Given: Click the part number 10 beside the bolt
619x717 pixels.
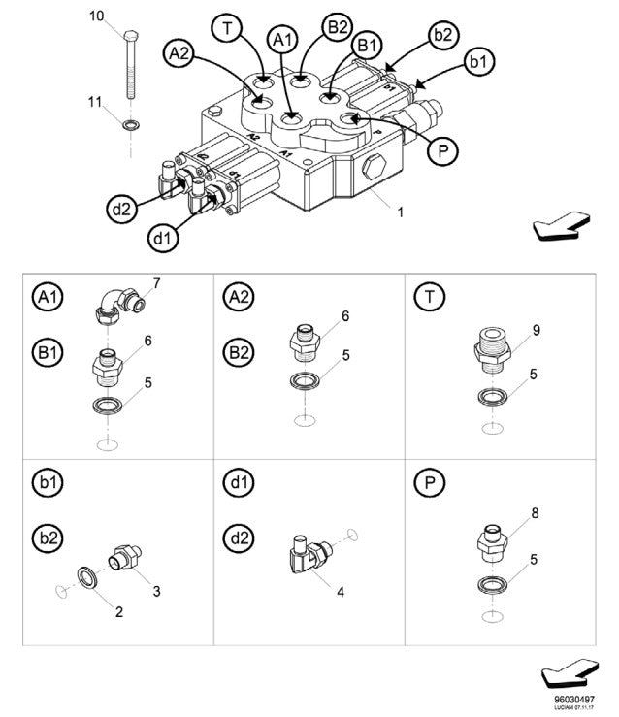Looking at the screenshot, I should [x=96, y=16].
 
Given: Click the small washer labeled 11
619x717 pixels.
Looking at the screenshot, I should [x=128, y=124].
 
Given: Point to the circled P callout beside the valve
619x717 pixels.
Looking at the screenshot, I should [x=442, y=151].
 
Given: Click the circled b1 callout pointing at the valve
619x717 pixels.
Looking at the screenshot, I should [x=476, y=61].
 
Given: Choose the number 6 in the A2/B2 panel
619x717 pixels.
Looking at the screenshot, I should [x=344, y=315].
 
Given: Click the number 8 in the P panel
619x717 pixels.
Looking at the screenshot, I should [x=535, y=512].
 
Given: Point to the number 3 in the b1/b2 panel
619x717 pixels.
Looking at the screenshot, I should [x=156, y=590].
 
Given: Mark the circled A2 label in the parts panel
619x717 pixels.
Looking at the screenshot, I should [x=238, y=295].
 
